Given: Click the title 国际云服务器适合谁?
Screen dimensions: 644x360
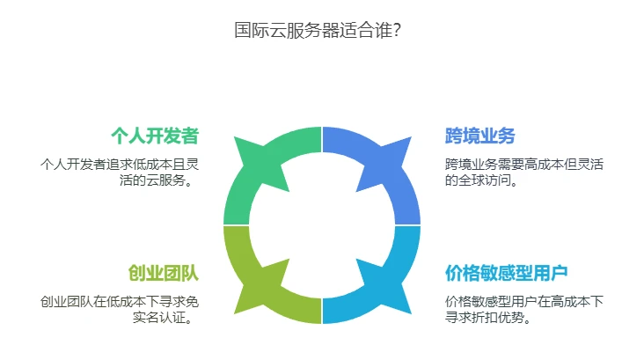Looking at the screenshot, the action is (x=317, y=30).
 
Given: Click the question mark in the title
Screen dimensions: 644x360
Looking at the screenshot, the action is (x=397, y=30).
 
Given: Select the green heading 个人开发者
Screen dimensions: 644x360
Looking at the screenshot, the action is (x=155, y=136).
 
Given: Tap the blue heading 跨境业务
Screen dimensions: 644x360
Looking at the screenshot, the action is (x=479, y=136).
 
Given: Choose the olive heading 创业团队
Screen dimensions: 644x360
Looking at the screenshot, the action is (x=164, y=273).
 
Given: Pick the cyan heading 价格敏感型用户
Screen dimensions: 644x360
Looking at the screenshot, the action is (x=507, y=273).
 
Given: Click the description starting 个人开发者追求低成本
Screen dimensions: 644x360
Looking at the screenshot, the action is (x=120, y=173).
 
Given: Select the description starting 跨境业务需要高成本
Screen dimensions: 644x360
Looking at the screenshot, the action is (x=524, y=173).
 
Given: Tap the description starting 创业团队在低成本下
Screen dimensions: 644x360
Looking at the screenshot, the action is (x=120, y=310).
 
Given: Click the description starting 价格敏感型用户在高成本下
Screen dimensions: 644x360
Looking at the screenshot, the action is (x=524, y=310).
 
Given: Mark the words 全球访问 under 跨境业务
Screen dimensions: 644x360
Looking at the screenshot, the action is (x=485, y=180).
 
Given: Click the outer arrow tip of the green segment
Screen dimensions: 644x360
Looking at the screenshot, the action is (x=235, y=137).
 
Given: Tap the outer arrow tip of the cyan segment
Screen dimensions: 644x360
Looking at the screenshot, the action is (x=411, y=314).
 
